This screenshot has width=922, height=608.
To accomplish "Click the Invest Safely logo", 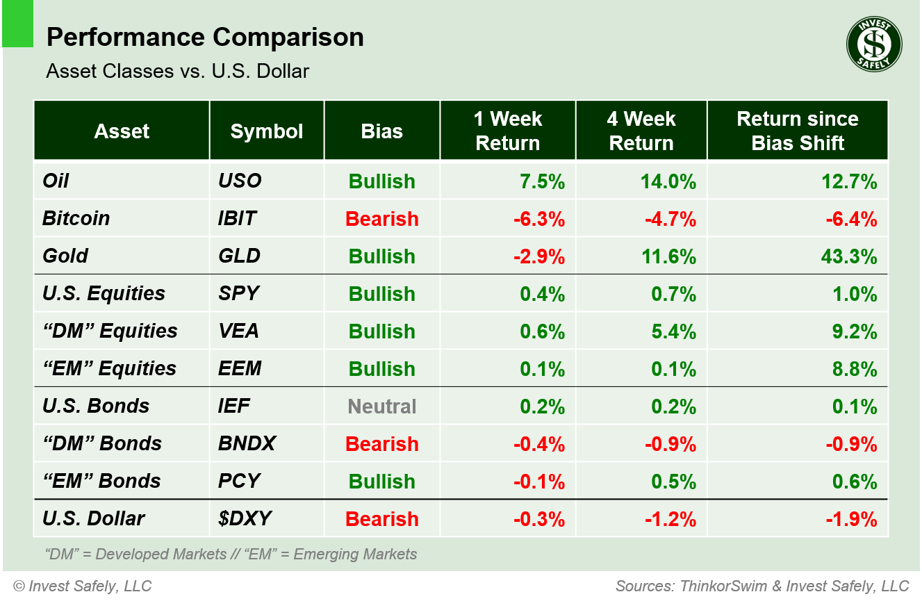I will click(873, 44).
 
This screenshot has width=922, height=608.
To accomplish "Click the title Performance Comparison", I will click(205, 38).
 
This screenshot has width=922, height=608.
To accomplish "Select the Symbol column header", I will click(267, 131).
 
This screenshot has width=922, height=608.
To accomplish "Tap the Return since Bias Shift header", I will click(797, 131).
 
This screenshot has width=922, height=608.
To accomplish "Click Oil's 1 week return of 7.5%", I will click(542, 181).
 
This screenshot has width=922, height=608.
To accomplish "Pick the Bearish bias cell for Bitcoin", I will click(381, 219).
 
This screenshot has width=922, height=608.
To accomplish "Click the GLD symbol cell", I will click(239, 256).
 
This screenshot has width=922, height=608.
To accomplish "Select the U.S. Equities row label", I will click(104, 293).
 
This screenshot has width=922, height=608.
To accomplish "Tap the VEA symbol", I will click(238, 331).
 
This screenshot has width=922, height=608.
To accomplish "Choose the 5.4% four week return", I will click(673, 331).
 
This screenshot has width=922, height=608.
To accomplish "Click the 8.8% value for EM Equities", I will click(854, 369).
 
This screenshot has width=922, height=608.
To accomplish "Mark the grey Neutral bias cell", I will click(382, 406).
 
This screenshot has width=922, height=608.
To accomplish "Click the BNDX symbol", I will click(247, 443).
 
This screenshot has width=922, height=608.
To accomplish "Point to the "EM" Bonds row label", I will click(101, 481).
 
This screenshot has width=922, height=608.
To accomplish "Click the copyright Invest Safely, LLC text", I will click(82, 586).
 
